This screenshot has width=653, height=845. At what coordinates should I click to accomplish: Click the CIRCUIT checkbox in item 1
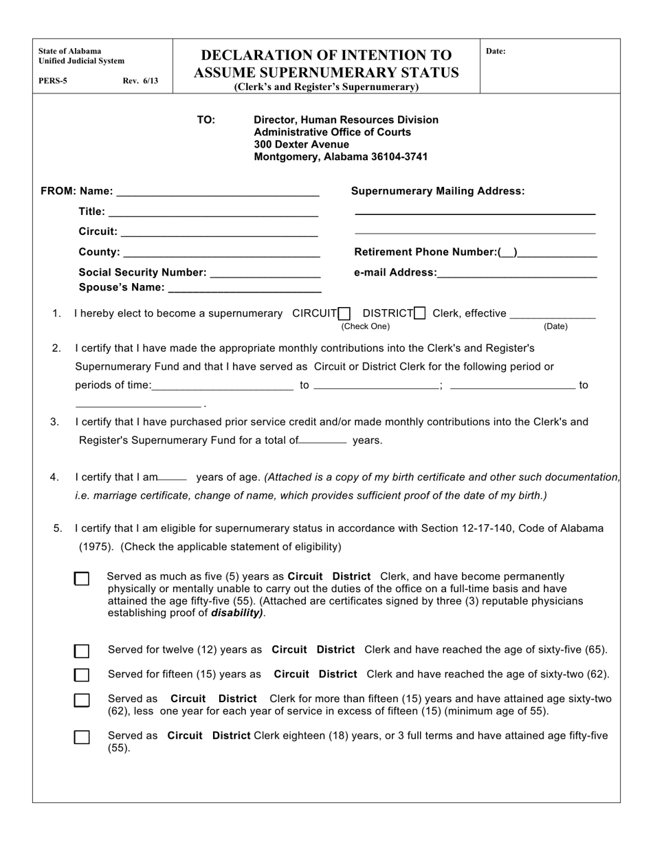(x=344, y=314)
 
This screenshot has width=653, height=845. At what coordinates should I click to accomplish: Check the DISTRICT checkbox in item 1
(x=420, y=314)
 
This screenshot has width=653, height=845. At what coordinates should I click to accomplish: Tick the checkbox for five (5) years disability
(x=82, y=579)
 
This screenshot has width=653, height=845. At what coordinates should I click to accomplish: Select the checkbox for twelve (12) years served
(x=82, y=651)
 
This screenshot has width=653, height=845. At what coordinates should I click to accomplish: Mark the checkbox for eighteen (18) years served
(x=82, y=737)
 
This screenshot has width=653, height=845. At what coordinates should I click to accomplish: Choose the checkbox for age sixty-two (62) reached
(x=82, y=675)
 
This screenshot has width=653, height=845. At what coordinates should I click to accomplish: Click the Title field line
(x=213, y=213)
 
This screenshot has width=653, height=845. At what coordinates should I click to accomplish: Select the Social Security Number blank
(x=265, y=273)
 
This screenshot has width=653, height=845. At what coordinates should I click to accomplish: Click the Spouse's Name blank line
(x=244, y=289)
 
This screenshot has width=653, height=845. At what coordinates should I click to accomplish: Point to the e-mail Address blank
(x=516, y=274)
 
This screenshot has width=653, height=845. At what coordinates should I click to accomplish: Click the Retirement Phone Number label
(x=425, y=252)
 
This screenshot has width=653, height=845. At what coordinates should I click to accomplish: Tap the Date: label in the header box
(x=496, y=52)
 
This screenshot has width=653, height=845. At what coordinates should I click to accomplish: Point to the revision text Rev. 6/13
(x=140, y=81)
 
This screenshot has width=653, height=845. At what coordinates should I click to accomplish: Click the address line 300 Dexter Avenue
(x=301, y=145)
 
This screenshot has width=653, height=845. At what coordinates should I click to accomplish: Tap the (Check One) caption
(x=366, y=327)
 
